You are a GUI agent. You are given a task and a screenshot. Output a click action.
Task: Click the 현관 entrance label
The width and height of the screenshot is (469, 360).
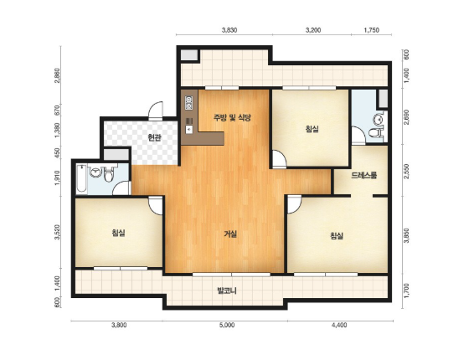coord(155,137)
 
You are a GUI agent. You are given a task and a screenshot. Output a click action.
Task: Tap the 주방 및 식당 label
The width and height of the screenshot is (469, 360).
coord(232,118)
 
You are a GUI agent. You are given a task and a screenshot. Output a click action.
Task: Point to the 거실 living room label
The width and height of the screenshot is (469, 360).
coord(230,234)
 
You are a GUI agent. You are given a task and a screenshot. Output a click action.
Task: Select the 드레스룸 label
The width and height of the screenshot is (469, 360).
coord(363,175)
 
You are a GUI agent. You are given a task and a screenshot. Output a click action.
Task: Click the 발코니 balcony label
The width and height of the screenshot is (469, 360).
coord(227,291)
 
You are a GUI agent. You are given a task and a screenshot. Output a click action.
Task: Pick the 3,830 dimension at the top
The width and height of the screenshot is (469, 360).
coord(229,30)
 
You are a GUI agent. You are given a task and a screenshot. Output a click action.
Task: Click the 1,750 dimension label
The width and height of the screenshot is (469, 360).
coord(371,30)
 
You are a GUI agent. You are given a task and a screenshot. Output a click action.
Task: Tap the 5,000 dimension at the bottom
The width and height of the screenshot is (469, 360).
coord(227,325)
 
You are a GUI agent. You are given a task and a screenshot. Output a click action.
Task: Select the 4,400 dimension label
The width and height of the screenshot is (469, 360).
coord(339,325)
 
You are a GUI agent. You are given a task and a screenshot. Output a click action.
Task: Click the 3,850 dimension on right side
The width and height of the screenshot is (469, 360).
coord(406,236)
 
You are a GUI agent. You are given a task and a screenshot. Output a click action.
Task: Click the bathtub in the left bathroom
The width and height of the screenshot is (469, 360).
coord(82,178)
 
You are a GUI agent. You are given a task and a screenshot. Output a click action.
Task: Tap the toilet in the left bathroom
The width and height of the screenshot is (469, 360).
coord(109,174)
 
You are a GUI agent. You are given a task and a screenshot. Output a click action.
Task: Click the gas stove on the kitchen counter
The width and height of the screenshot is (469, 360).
coord(188,102)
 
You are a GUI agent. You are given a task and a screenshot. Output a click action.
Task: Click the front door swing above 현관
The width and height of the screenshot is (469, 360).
coord(156,111)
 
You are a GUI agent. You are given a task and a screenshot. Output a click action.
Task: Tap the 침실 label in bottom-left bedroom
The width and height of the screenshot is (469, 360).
coord(118,233)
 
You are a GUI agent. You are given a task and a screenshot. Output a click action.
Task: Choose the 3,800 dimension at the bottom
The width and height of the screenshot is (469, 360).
coord(119,325)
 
